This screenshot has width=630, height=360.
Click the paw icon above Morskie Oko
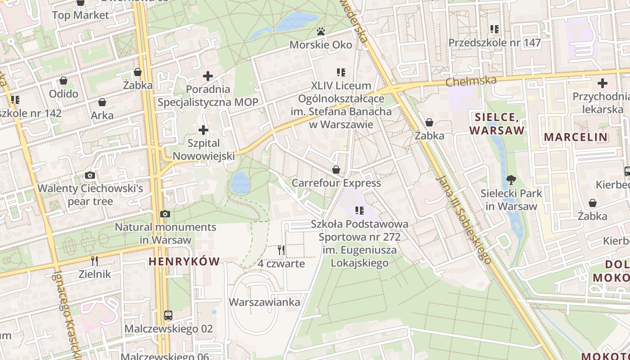pyautogui.click(x=320, y=31)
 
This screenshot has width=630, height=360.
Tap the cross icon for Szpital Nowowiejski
pyautogui.click(x=203, y=130)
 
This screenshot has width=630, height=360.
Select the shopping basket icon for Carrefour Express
pyautogui.click(x=336, y=170)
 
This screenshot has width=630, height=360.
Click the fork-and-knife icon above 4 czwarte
pyautogui.click(x=281, y=250)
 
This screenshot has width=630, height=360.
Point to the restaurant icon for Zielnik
pyautogui.click(x=94, y=261)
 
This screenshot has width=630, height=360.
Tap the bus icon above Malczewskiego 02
pyautogui.click(x=168, y=315)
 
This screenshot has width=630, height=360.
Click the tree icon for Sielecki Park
pyautogui.click(x=511, y=180)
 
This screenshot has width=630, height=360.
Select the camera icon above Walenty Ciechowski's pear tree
pyautogui.click(x=90, y=175)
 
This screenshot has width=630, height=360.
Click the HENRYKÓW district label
pyautogui.click(x=184, y=261)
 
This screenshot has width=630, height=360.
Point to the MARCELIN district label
pyautogui.click(x=576, y=137)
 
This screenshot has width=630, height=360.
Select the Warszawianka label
pyautogui.click(x=265, y=302)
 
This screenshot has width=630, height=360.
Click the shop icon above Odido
pyautogui.click(x=63, y=81)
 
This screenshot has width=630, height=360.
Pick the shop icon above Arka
pyautogui.click(x=102, y=102)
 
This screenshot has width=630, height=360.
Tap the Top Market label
pyautogui.click(x=81, y=15)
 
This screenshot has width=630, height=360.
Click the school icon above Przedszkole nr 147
pyautogui.click(x=495, y=29)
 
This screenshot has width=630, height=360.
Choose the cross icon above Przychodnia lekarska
pyautogui.click(x=602, y=83)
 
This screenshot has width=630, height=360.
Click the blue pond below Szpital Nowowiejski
pyautogui.click(x=240, y=182)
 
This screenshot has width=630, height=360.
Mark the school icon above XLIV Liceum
pyautogui.click(x=341, y=72)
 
